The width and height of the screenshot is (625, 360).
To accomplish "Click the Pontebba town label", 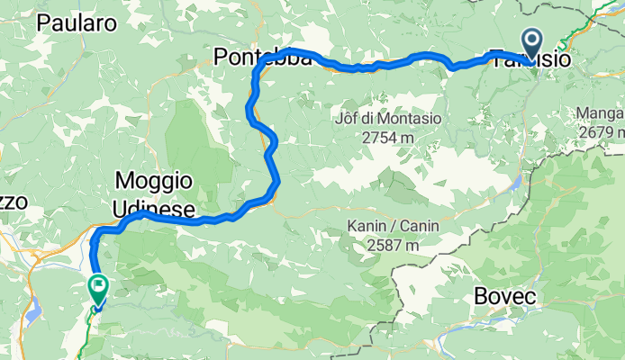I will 263,58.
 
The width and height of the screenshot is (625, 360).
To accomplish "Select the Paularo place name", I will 77,24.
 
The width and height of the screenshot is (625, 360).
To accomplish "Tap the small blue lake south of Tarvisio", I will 517,184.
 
